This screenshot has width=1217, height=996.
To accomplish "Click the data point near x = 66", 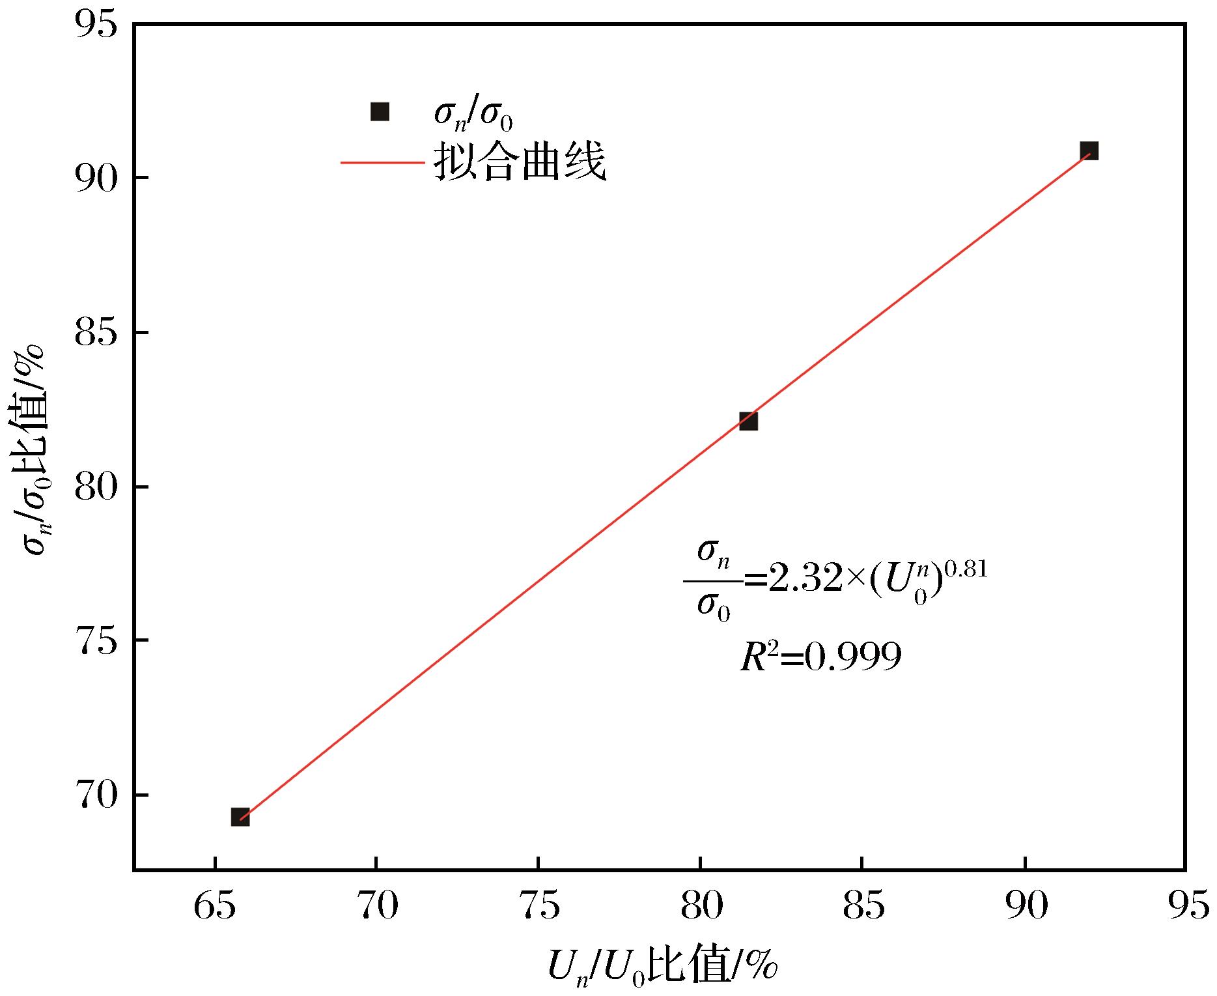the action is tap(240, 817).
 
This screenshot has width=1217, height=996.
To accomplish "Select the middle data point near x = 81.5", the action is tap(748, 421).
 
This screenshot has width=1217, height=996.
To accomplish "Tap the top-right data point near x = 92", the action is tap(1089, 151).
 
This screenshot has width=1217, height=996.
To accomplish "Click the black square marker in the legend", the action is tap(380, 112).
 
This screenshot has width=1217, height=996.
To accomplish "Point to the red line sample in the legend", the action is tap(383, 162).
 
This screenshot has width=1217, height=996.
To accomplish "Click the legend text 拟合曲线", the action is tap(520, 161).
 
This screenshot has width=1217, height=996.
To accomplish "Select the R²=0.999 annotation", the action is tap(820, 657).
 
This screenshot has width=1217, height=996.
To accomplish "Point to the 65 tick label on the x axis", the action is tap(215, 907).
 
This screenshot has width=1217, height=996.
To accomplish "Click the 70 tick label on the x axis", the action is tap(377, 907).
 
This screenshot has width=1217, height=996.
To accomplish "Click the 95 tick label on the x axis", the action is tap(1187, 907).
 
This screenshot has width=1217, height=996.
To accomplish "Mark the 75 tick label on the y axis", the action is tap(95, 641).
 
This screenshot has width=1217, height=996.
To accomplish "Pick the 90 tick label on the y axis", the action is tap(95, 177).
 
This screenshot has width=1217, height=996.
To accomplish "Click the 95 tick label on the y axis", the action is tap(95, 24).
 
